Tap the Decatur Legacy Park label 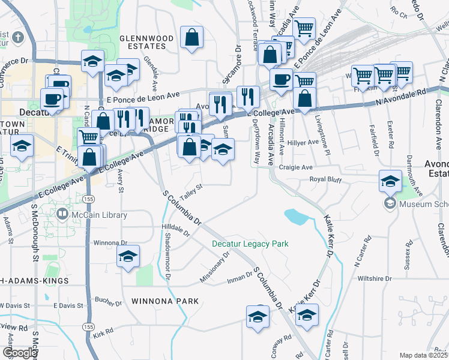[x=250, y=244]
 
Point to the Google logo [x=19, y=353]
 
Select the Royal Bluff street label [x=324, y=179]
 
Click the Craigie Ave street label [x=300, y=167]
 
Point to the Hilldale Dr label [x=175, y=229]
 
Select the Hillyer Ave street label [x=305, y=142]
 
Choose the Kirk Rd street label [x=103, y=332]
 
